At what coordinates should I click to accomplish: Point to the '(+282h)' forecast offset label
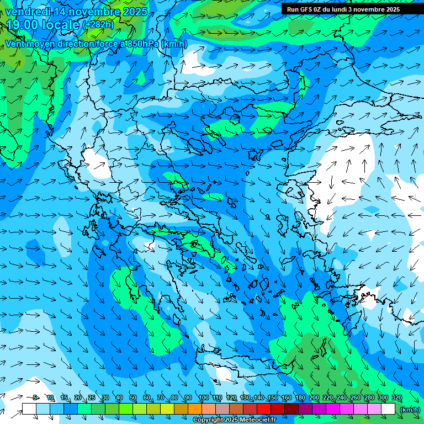point(98,25)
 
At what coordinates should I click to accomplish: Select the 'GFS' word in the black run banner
point(305,9)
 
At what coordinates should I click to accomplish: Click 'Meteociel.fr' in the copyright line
point(250,420)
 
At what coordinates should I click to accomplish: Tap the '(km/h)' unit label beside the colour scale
point(410,409)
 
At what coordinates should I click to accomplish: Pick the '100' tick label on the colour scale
point(203,397)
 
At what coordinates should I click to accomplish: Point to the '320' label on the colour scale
point(396,397)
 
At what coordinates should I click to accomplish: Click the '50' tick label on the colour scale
point(133,397)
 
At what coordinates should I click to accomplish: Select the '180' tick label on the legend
point(300,397)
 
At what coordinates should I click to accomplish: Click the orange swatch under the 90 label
point(195,409)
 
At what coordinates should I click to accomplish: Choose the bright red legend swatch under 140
point(264,409)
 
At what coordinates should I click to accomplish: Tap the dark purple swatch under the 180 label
point(305,409)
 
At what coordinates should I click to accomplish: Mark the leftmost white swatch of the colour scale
point(29,409)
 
